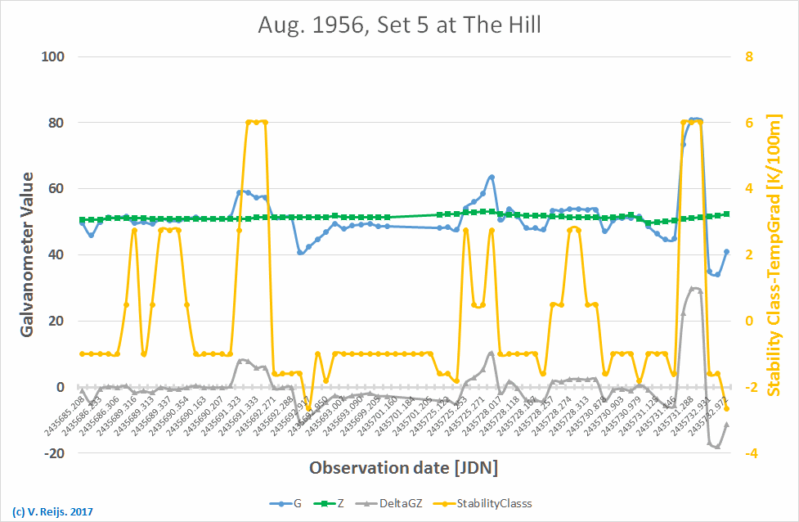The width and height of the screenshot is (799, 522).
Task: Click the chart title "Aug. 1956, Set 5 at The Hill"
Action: point(399,25)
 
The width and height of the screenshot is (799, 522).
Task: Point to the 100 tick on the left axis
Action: point(54,56)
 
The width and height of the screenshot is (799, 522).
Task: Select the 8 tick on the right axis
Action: point(746,56)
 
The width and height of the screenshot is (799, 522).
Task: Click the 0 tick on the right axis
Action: point(746,321)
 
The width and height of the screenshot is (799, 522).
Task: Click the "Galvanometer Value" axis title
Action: point(26,254)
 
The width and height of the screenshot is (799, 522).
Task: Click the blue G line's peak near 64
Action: point(492,177)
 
